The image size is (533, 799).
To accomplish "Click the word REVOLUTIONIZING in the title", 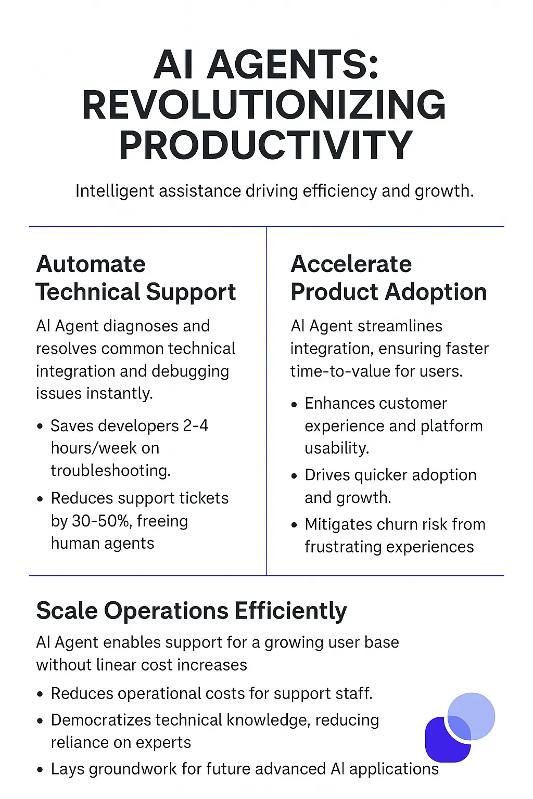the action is [x=264, y=105].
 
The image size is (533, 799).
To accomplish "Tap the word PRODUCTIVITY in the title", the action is [x=265, y=145].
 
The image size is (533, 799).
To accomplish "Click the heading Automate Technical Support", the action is [x=136, y=278].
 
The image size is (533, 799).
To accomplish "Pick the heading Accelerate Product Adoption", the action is [x=388, y=278].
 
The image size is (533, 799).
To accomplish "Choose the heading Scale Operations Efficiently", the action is [x=192, y=611].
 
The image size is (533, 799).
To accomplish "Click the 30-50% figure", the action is [x=101, y=521].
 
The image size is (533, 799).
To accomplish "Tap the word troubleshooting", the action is [x=111, y=471].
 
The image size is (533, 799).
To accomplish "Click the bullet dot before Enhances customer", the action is [x=294, y=405].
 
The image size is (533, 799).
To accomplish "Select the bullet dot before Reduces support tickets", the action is [x=40, y=499].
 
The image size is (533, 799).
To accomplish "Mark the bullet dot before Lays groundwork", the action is [x=40, y=770].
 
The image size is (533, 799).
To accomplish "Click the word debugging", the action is [x=191, y=372].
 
